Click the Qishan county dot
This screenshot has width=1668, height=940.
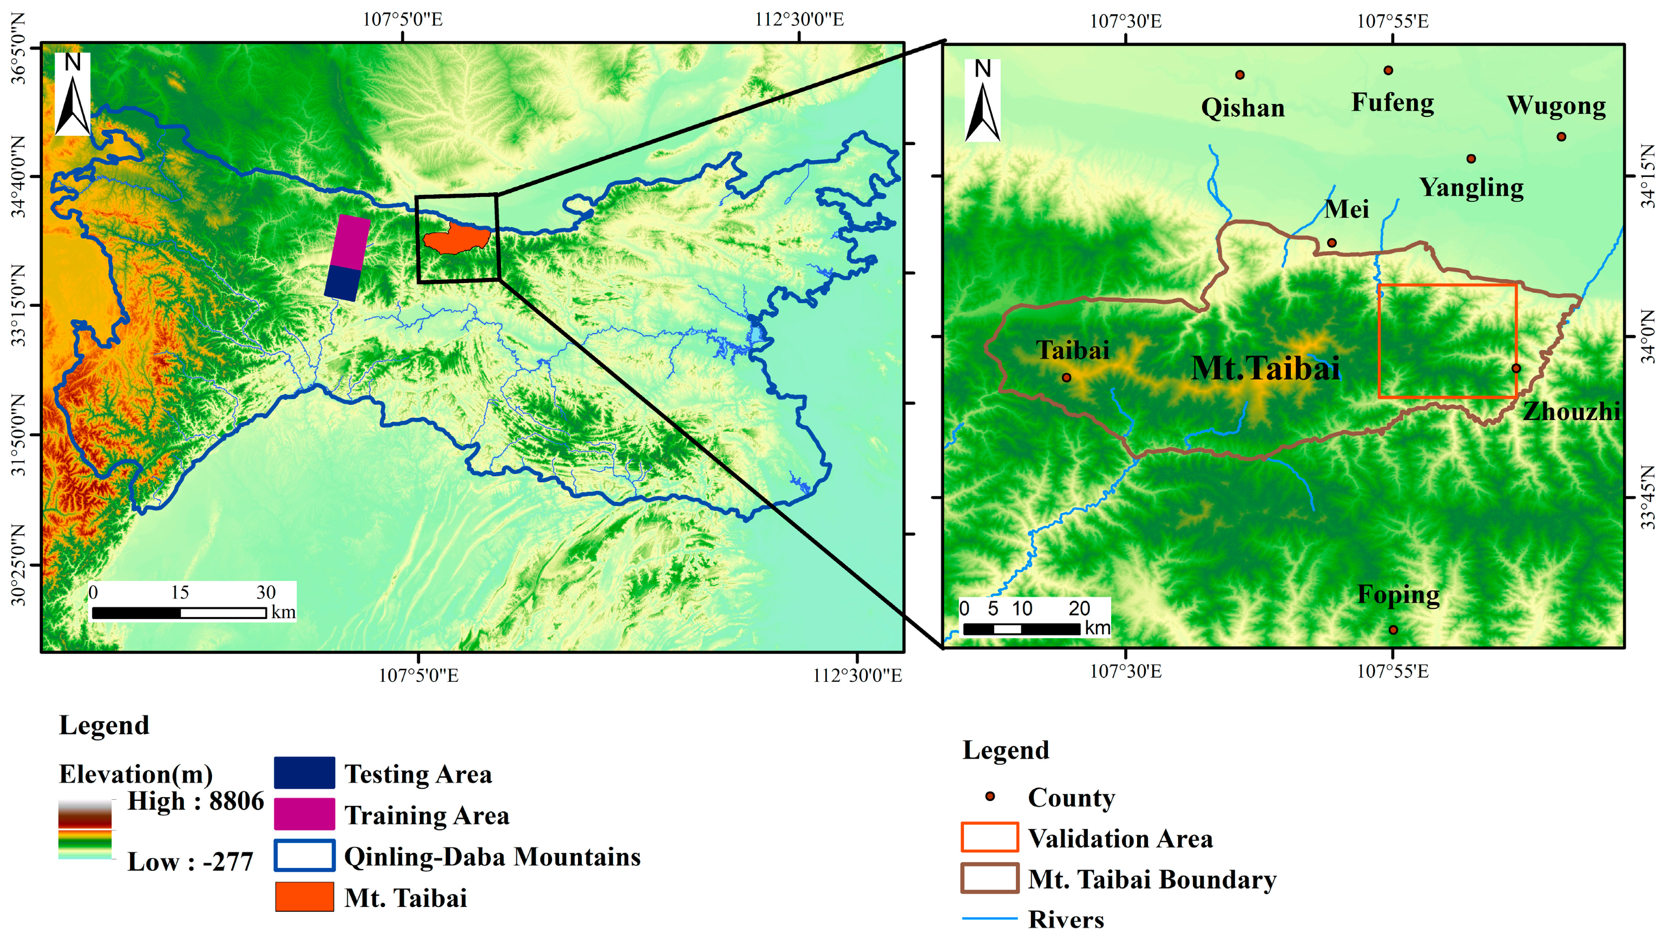pyautogui.click(x=1239, y=75)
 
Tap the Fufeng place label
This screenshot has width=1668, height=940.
pyautogui.click(x=1392, y=102)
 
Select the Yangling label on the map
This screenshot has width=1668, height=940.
pyautogui.click(x=1471, y=187)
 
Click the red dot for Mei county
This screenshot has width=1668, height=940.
pyautogui.click(x=1332, y=243)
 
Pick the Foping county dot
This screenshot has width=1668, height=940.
pyautogui.click(x=1393, y=630)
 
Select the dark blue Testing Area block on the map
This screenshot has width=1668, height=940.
pyautogui.click(x=342, y=283)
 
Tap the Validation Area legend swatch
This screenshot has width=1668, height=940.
pyautogui.click(x=989, y=837)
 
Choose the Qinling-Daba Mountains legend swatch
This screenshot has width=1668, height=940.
pyautogui.click(x=304, y=856)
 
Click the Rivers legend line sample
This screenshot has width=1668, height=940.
pyautogui.click(x=989, y=918)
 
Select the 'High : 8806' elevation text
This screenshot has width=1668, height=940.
pyautogui.click(x=195, y=801)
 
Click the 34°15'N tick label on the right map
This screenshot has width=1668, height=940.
pyautogui.click(x=1649, y=176)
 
